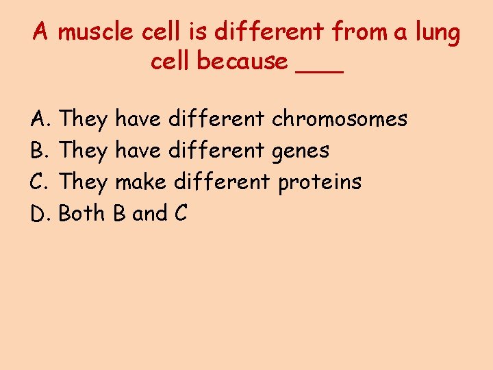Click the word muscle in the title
[x=96, y=32]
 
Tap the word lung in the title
[x=435, y=32]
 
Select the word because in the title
[x=242, y=62]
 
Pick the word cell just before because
[x=171, y=62]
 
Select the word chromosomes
[x=340, y=119]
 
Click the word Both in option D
[x=83, y=214]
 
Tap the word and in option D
[x=150, y=214]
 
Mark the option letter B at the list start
[x=38, y=151]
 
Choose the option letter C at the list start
[x=38, y=182]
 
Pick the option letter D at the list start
[x=39, y=214]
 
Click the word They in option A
[x=84, y=120]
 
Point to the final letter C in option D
[x=181, y=214]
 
